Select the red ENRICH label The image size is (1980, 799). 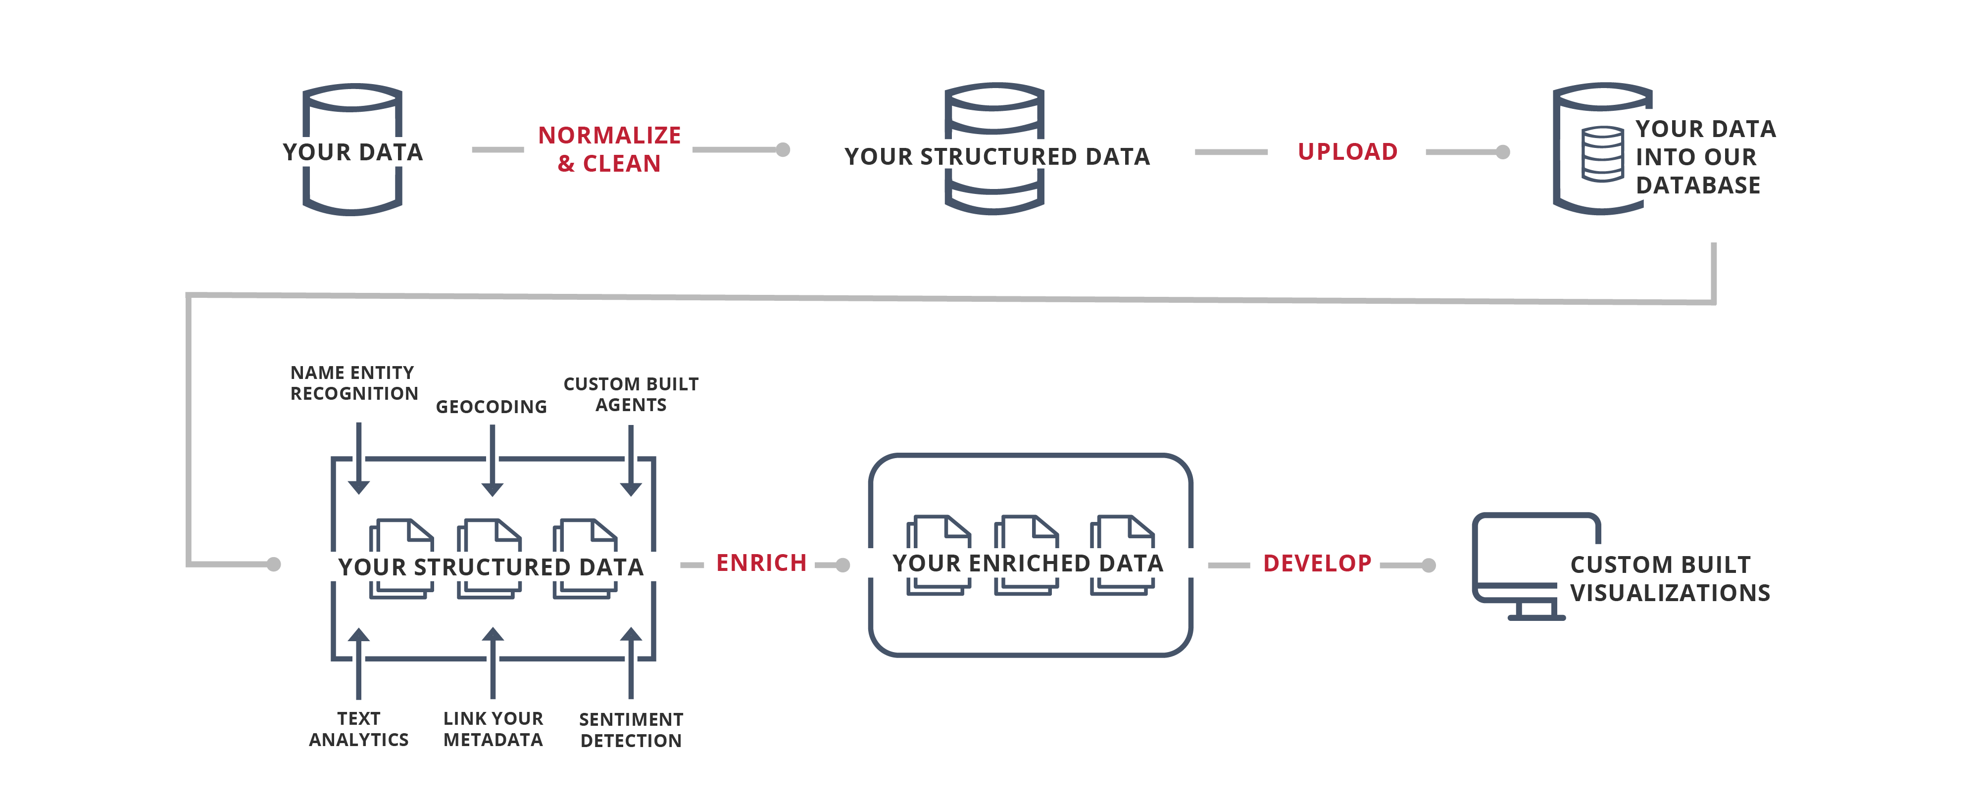click(761, 563)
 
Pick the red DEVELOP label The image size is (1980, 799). click(1317, 563)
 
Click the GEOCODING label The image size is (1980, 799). click(491, 406)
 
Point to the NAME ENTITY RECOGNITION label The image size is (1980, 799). click(353, 382)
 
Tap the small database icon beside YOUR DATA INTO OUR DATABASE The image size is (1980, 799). click(1603, 154)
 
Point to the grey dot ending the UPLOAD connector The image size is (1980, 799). click(1503, 152)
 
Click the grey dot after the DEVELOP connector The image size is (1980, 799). click(1428, 565)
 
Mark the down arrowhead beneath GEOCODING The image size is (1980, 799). click(492, 489)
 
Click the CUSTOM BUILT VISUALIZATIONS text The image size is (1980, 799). click(1670, 578)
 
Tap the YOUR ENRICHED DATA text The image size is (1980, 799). click(1028, 563)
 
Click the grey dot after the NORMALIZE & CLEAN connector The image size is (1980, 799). click(783, 150)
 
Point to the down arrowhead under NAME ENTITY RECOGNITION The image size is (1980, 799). click(358, 487)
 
